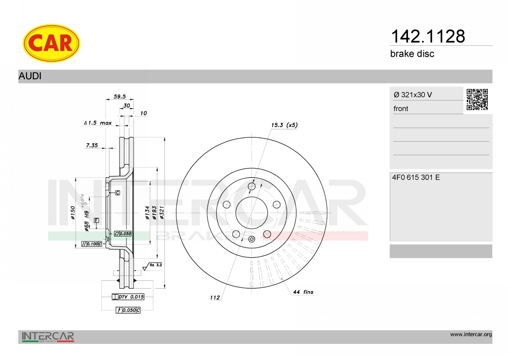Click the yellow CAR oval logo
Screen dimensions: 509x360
click(x=51, y=43)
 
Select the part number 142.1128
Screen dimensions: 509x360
click(x=428, y=36)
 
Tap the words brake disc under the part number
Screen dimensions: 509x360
click(x=412, y=54)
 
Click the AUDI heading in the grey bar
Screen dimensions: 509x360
click(x=30, y=76)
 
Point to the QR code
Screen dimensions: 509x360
click(x=477, y=100)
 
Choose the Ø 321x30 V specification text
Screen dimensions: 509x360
click(x=413, y=95)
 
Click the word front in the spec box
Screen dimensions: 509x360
click(x=401, y=109)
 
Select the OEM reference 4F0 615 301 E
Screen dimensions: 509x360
click(x=416, y=177)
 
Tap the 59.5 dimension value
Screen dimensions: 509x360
click(x=120, y=97)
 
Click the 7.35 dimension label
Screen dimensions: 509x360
click(x=92, y=145)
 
